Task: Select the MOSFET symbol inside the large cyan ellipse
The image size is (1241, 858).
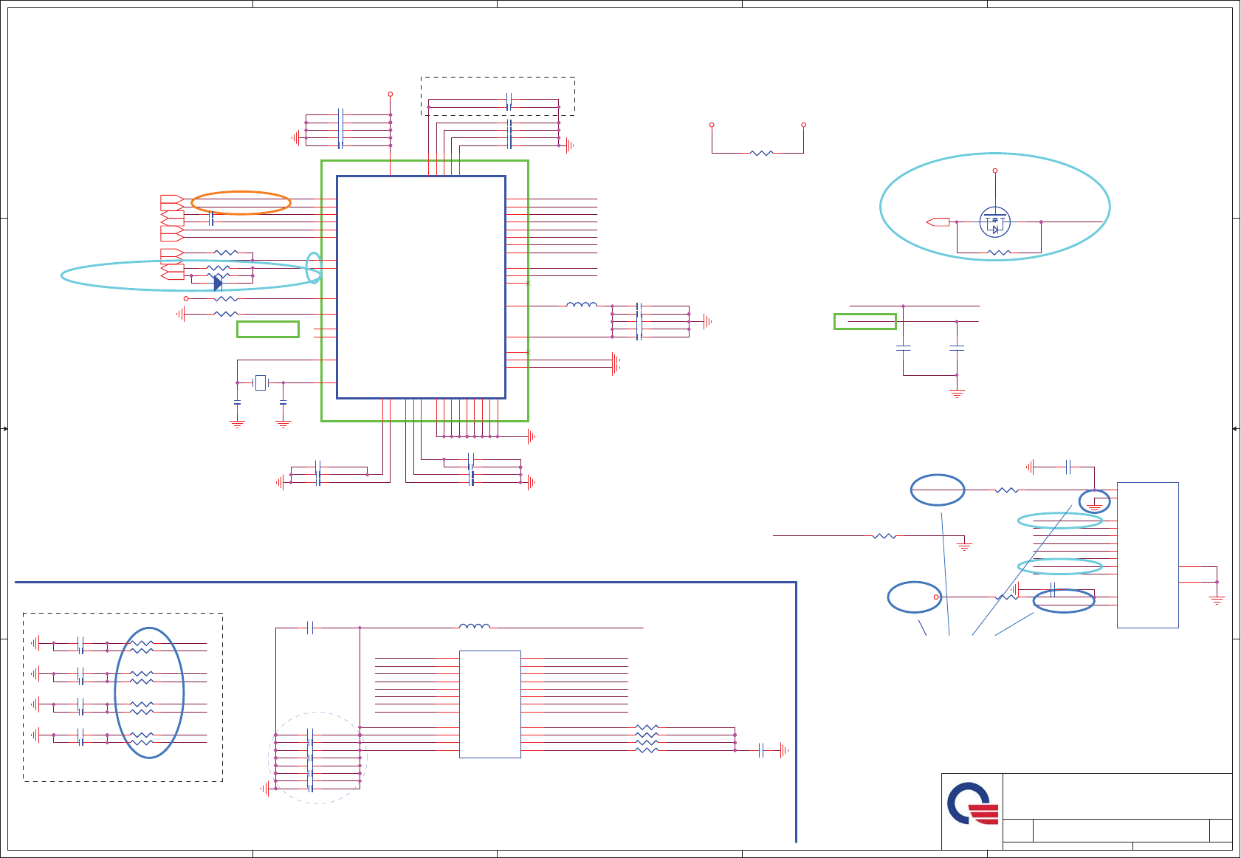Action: [995, 222]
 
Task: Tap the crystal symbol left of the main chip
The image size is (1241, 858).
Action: [260, 382]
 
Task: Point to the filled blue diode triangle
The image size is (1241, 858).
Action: [218, 284]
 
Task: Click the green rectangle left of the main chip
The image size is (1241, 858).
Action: [268, 329]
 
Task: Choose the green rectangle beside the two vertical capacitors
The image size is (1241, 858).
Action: [865, 321]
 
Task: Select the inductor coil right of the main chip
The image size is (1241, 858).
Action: [582, 304]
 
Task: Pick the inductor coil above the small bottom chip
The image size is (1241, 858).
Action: [475, 627]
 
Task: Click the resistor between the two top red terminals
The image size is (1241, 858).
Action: [761, 153]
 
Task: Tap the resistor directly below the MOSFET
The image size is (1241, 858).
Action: [999, 253]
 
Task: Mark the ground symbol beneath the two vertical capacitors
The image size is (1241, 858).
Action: [957, 393]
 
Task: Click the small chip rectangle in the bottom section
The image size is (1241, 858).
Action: [490, 704]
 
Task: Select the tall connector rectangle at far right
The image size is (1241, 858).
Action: [1147, 555]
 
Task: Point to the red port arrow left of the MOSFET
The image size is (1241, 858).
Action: [938, 222]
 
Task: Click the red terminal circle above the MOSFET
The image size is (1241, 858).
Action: [995, 171]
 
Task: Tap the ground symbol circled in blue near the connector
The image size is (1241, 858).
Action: [1094, 506]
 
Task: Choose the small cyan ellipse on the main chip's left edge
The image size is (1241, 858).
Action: [314, 267]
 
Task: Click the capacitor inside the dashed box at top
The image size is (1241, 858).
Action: [509, 102]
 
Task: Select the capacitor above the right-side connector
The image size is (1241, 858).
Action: [1068, 467]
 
